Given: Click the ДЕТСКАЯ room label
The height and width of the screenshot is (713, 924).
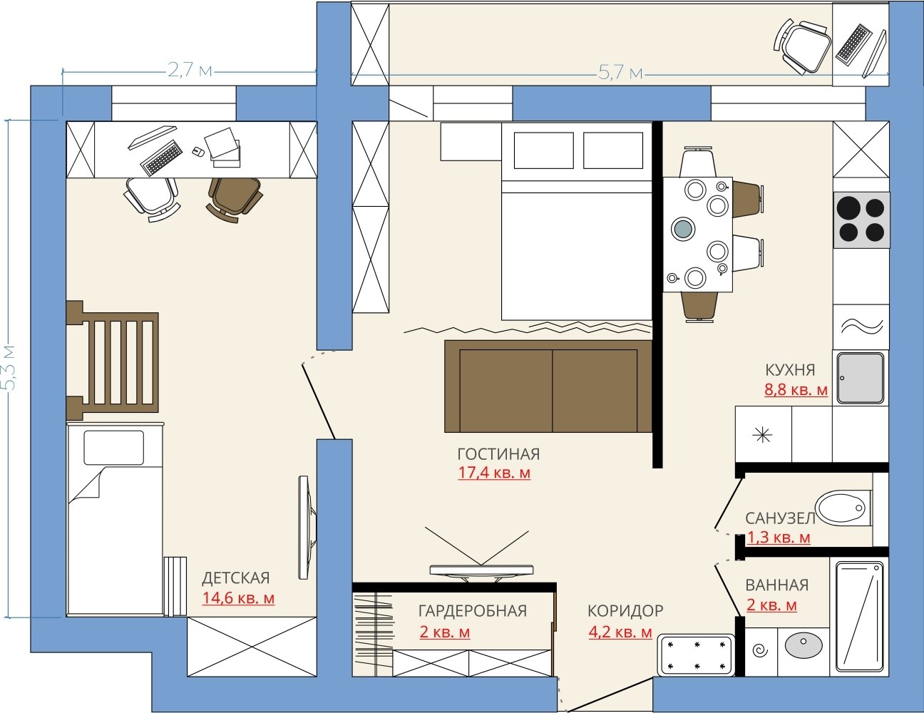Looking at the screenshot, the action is [x=235, y=578].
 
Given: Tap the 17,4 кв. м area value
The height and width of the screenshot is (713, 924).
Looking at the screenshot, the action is [x=494, y=473].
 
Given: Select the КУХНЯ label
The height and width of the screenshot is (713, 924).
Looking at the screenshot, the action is [x=790, y=370].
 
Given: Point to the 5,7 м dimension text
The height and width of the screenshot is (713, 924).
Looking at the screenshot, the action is [x=620, y=73].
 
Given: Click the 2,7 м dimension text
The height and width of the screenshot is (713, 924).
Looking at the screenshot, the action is [x=190, y=70].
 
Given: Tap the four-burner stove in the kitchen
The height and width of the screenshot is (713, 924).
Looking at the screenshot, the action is [x=861, y=220].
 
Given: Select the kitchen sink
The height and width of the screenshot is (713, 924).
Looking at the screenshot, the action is [x=861, y=378].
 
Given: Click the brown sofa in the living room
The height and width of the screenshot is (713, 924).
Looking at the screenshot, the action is [x=548, y=386].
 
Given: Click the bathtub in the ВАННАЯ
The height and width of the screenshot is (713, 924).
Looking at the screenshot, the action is [x=859, y=619].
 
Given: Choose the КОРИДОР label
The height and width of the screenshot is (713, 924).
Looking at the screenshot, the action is [x=625, y=610].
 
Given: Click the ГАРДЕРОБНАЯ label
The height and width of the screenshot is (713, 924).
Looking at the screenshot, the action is [x=473, y=611].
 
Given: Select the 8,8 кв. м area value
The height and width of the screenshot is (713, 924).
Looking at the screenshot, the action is [x=796, y=389].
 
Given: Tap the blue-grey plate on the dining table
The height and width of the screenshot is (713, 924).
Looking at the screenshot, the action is [x=683, y=229].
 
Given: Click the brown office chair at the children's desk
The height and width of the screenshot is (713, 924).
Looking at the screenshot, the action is [x=234, y=199].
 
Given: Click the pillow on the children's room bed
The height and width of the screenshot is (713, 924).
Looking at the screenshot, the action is [x=113, y=448].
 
